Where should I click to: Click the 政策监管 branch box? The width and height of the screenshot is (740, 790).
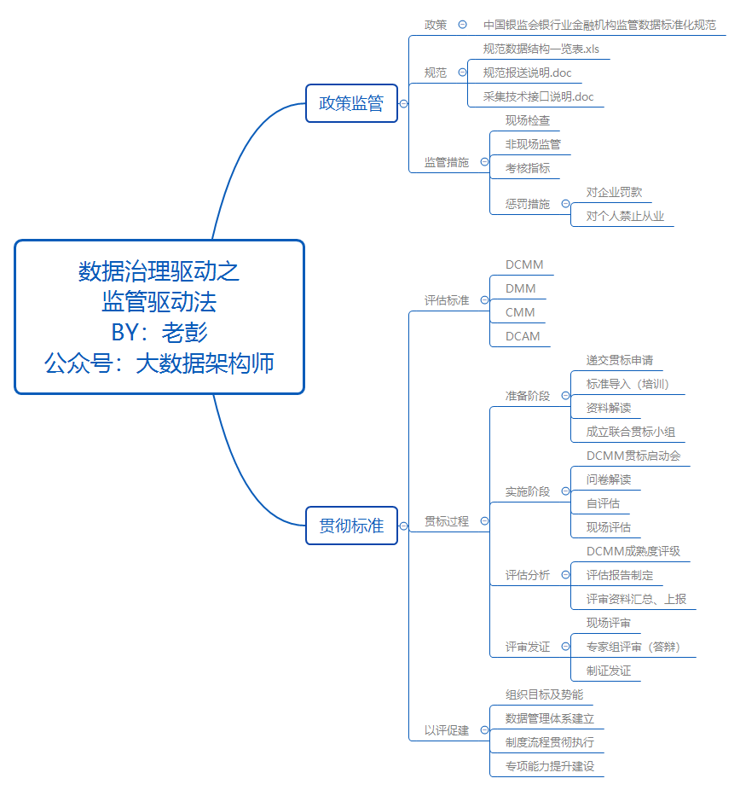click(x=351, y=103)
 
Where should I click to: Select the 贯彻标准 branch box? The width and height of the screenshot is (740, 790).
click(x=351, y=526)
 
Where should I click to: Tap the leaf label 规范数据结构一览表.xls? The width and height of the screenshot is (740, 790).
click(x=541, y=49)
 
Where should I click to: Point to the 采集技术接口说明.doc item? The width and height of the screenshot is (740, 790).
click(x=538, y=96)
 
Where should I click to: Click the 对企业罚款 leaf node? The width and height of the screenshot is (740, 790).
click(x=614, y=192)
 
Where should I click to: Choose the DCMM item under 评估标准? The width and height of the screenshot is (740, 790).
click(x=523, y=264)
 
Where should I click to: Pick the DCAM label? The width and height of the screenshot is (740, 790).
click(x=522, y=336)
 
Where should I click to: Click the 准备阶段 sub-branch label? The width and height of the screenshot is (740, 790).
click(x=527, y=396)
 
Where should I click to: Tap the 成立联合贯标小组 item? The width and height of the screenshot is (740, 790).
click(x=630, y=432)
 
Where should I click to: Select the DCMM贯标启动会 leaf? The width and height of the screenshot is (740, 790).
click(x=633, y=456)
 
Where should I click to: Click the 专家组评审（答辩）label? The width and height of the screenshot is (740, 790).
click(x=633, y=647)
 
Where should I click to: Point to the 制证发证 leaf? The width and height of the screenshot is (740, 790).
click(x=608, y=671)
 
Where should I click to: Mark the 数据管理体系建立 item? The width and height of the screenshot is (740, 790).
click(x=549, y=718)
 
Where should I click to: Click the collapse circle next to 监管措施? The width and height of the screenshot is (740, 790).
click(x=484, y=161)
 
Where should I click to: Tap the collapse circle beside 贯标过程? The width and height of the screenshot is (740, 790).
click(x=484, y=520)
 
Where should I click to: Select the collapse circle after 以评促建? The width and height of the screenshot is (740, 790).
click(x=484, y=730)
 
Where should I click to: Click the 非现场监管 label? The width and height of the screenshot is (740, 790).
click(x=533, y=144)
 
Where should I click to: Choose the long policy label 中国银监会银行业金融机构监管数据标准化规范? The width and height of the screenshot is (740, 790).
click(x=599, y=25)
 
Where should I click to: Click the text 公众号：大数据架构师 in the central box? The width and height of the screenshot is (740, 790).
click(x=159, y=363)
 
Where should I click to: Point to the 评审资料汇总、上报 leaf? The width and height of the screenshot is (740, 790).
click(x=636, y=599)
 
